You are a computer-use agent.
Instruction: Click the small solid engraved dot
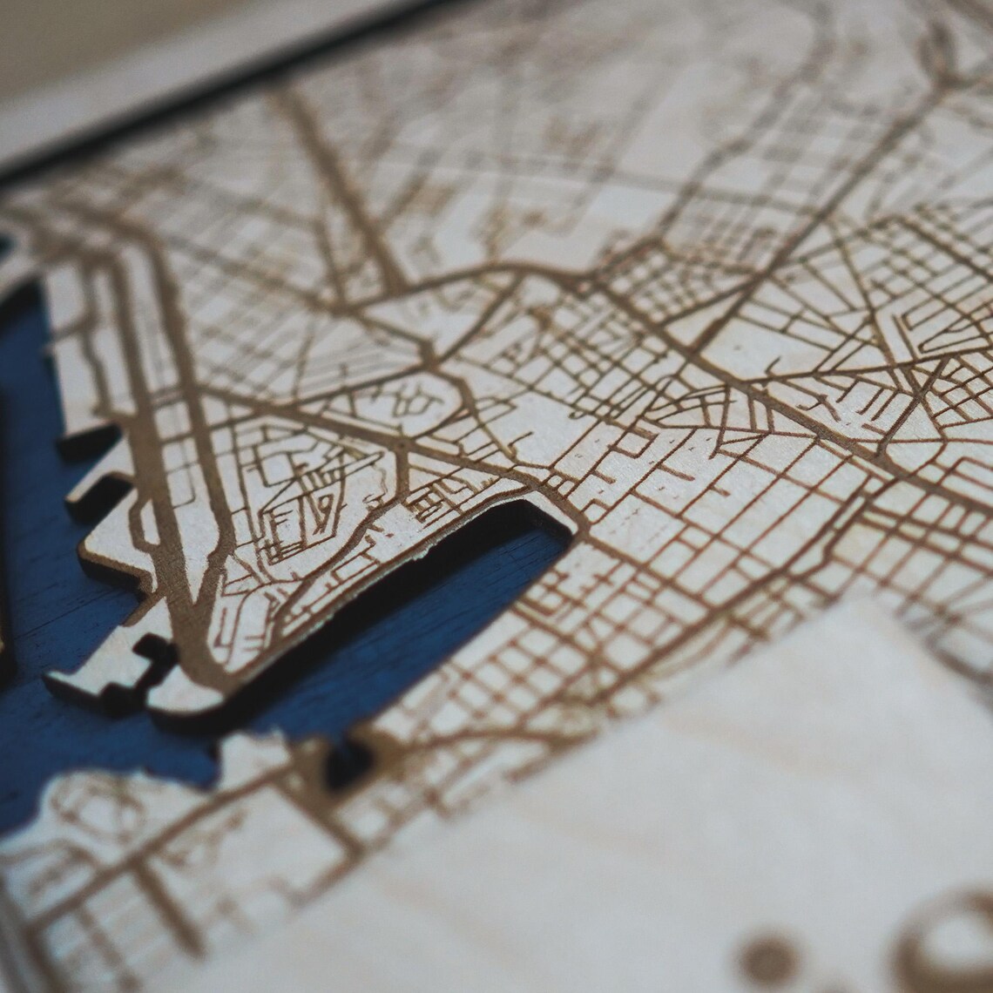point(767,957)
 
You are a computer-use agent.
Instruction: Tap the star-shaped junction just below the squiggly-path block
point(402,445)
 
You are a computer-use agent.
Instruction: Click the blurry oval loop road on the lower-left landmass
point(105,810)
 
